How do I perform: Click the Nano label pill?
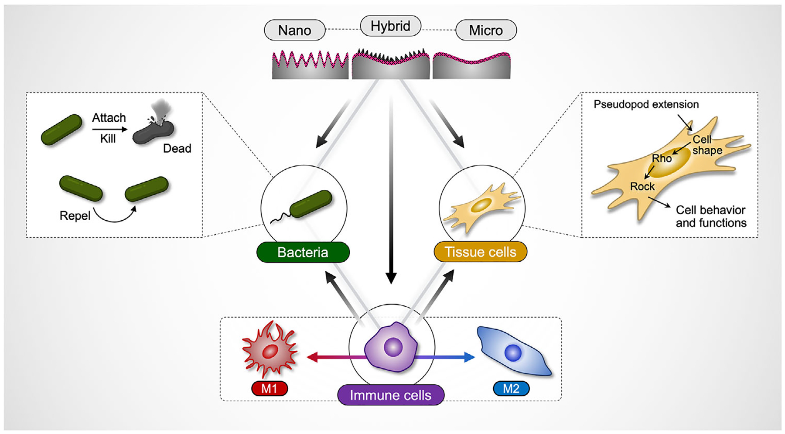295,30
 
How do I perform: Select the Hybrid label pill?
391,26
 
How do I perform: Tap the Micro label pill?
486,30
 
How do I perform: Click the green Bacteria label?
303,252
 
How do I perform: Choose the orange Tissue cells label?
481,252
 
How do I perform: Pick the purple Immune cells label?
391,395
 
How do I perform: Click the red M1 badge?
270,388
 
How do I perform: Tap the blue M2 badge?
511,388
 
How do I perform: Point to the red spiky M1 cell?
270,350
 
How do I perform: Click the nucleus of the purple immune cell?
393,348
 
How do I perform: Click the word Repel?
75,215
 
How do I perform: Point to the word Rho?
662,158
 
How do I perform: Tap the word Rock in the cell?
642,186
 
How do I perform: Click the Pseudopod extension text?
646,104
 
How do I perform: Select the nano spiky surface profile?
310,65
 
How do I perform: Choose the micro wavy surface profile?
471,65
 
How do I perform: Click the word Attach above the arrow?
109,118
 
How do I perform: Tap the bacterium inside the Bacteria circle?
311,204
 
